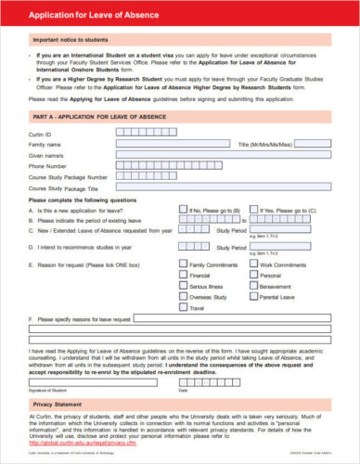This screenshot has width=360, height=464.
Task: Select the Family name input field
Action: [x=172, y=144]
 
